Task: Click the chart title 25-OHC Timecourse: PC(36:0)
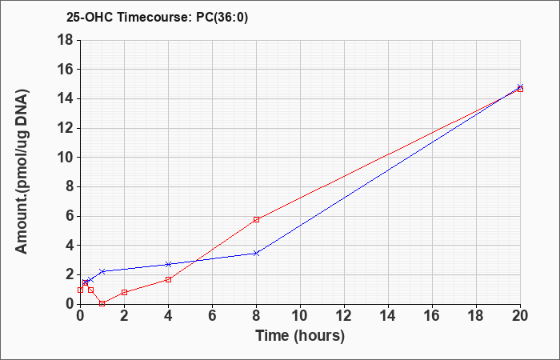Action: point(157,18)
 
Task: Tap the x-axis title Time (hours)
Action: point(300,336)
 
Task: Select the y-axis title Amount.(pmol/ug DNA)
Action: point(22,172)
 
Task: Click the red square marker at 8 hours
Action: point(257,219)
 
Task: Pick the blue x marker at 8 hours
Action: point(256,254)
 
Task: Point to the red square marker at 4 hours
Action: point(169,279)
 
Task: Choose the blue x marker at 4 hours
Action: point(169,264)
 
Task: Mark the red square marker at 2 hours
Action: point(124,292)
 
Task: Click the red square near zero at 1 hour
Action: point(102,303)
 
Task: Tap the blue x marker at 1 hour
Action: point(102,271)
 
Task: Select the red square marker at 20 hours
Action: point(520,89)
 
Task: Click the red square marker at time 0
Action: point(80,290)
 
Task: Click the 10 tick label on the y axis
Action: point(66,158)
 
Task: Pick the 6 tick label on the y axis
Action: point(70,216)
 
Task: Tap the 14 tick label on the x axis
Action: point(388,315)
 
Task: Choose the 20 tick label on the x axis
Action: point(520,315)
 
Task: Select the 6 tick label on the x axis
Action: point(213,315)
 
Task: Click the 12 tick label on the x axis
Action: point(344,315)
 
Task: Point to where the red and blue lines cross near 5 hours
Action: point(196,261)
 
